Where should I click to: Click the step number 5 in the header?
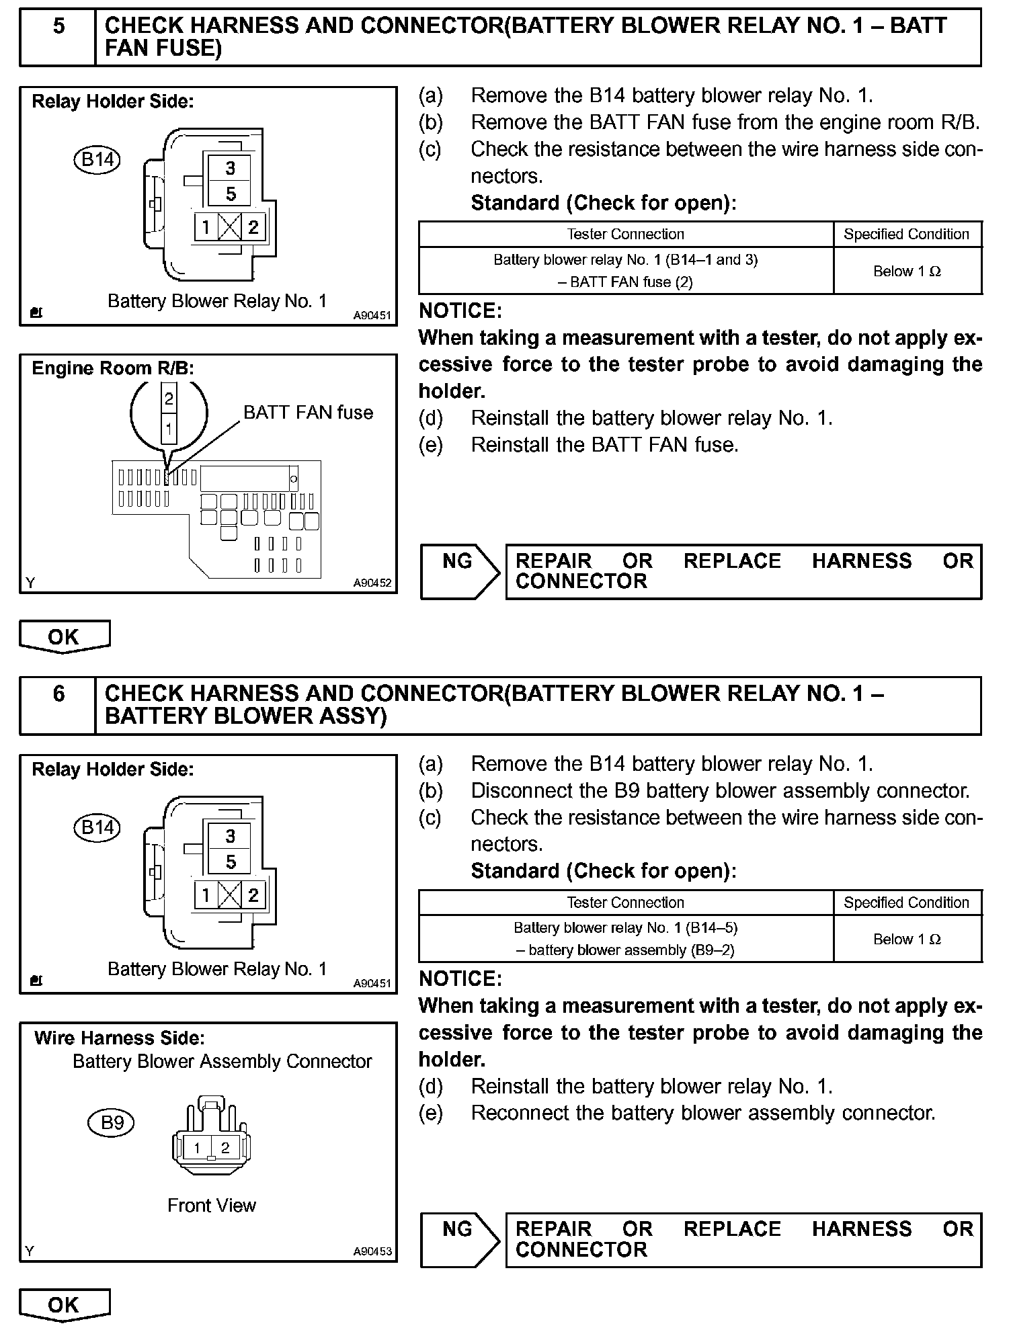tap(58, 27)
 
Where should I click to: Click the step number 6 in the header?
tap(58, 694)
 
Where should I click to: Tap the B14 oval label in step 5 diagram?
tap(97, 160)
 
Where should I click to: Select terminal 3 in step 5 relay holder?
tap(231, 168)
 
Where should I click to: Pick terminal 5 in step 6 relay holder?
tap(231, 862)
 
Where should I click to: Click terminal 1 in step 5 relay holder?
tap(206, 227)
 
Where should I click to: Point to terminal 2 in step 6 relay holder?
tap(253, 895)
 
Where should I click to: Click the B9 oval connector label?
tap(112, 1123)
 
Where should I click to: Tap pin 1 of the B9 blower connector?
tap(197, 1148)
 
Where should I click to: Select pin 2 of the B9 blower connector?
tap(225, 1148)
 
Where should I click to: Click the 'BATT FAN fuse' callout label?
tap(308, 413)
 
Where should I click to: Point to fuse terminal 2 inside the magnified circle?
tap(169, 399)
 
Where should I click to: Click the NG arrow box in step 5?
tap(460, 571)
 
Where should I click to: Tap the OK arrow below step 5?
tap(64, 636)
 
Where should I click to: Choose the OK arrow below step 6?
tap(64, 1304)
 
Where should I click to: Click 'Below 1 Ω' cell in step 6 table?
tap(907, 939)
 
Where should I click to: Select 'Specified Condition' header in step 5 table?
tap(906, 235)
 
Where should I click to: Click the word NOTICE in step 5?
tap(460, 310)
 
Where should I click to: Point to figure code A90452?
tap(372, 583)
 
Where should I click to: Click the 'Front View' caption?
tap(212, 1205)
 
